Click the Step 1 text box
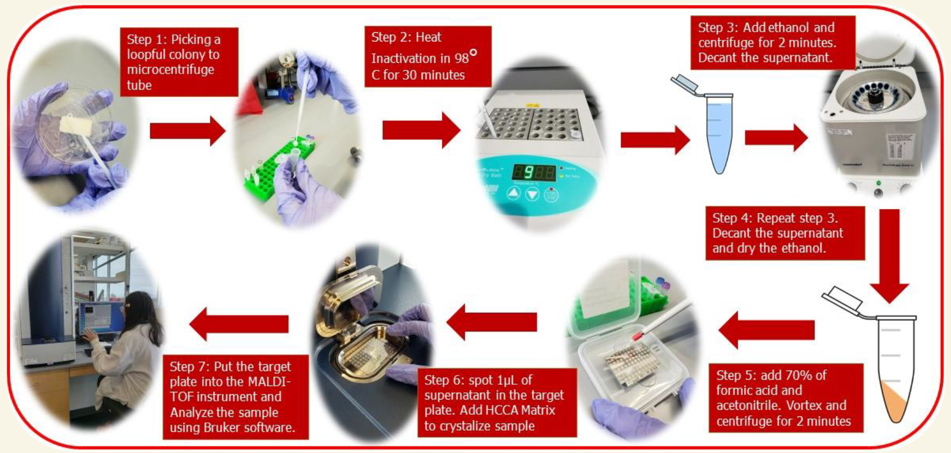[179, 62]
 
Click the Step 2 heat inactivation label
[428, 56]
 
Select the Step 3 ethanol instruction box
[772, 43]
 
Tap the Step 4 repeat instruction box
[785, 233]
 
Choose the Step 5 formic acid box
[786, 398]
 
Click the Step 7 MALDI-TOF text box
[236, 397]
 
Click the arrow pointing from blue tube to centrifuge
[776, 138]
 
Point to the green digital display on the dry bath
[534, 173]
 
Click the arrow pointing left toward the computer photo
[239, 324]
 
